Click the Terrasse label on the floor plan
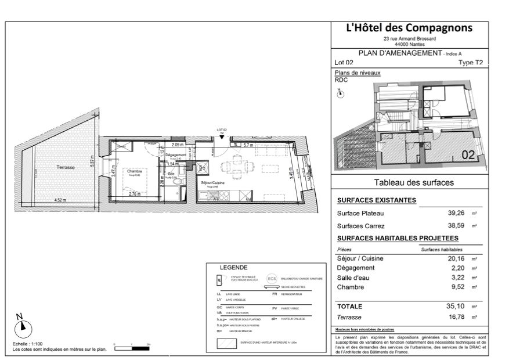coord(65,167)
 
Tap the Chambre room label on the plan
coord(135,171)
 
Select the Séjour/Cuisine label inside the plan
coord(212,183)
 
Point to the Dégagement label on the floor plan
coord(175,155)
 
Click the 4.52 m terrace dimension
coord(60,200)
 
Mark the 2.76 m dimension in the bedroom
coord(134,194)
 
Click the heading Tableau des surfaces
coord(414,182)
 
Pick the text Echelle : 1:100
coord(27,344)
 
